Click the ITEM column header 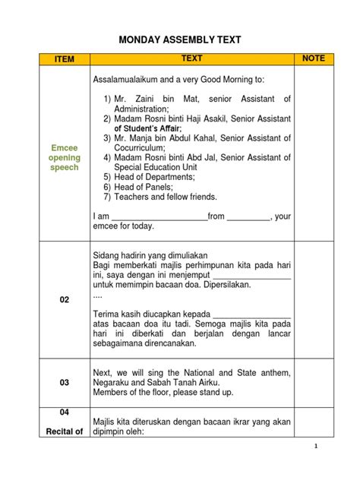(65, 59)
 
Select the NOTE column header (314, 58)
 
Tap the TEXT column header (192, 58)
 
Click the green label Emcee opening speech (65, 157)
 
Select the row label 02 (65, 300)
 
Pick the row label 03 (65, 383)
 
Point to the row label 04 (65, 412)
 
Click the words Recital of (65, 433)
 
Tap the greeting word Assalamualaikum (131, 79)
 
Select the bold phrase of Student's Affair (148, 129)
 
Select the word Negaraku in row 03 (112, 383)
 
